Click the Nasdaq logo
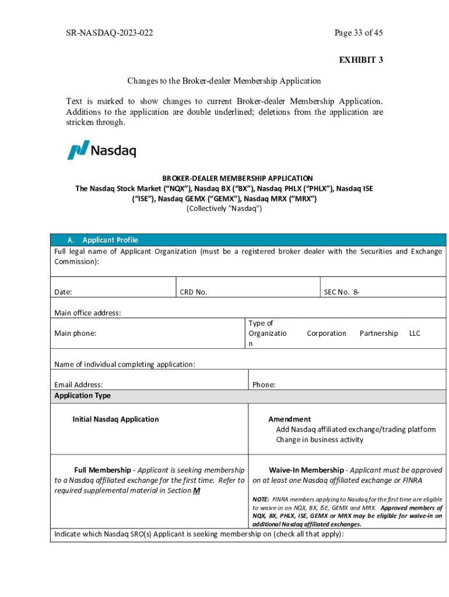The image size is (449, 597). click(101, 150)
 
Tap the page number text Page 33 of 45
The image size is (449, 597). click(358, 33)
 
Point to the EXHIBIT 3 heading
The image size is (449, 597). click(361, 60)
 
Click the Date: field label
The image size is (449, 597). click(64, 292)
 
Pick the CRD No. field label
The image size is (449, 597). click(194, 292)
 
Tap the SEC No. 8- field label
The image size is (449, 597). click(341, 292)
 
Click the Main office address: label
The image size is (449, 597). click(87, 313)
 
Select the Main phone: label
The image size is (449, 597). click(75, 333)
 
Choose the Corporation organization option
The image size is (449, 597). click(327, 333)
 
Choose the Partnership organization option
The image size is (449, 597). click(378, 333)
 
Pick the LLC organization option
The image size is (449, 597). click(415, 333)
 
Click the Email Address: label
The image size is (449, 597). click(79, 385)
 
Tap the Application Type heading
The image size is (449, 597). click(82, 396)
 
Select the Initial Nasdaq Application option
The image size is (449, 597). click(115, 419)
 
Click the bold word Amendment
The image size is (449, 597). click(289, 419)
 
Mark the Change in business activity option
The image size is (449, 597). click(320, 440)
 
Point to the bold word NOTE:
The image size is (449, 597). click(261, 500)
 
